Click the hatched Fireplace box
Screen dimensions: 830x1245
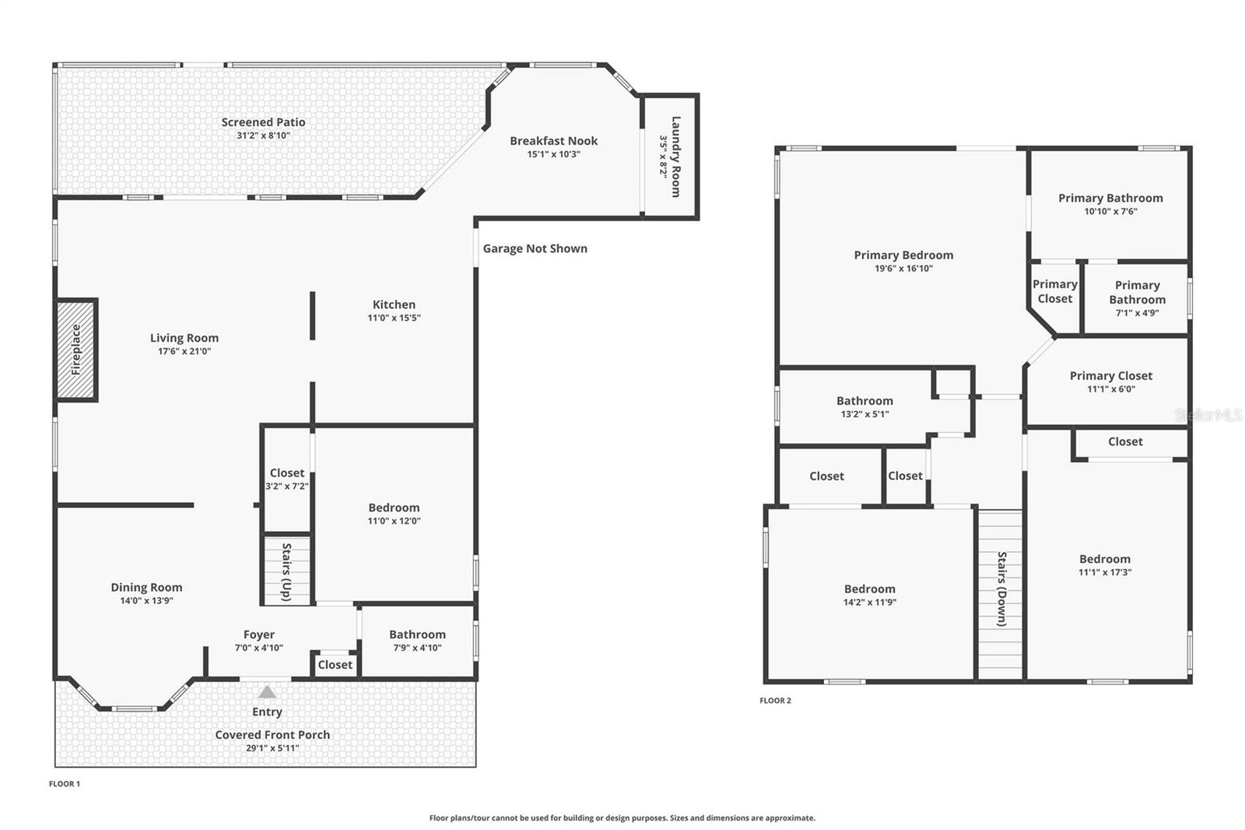76,350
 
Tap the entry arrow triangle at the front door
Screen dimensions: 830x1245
267,691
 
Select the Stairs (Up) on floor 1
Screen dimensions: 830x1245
286,571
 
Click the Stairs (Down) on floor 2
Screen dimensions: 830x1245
1001,592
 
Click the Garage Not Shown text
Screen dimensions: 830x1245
535,248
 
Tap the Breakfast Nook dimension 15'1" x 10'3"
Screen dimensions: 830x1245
553,154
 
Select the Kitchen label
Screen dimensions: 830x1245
394,304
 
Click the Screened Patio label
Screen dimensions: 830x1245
263,121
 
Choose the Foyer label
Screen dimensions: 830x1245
258,635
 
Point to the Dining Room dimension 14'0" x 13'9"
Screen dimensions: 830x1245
146,600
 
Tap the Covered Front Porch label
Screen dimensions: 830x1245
272,734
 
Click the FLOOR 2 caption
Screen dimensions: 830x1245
775,700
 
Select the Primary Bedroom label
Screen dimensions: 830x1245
903,255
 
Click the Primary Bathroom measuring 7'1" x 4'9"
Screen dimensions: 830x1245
1137,299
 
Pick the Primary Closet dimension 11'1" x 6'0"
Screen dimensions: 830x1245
1111,389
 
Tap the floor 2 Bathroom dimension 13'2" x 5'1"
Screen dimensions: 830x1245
864,414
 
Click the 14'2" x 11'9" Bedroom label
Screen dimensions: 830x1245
869,589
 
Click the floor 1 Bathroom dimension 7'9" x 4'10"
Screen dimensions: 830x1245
417,648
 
